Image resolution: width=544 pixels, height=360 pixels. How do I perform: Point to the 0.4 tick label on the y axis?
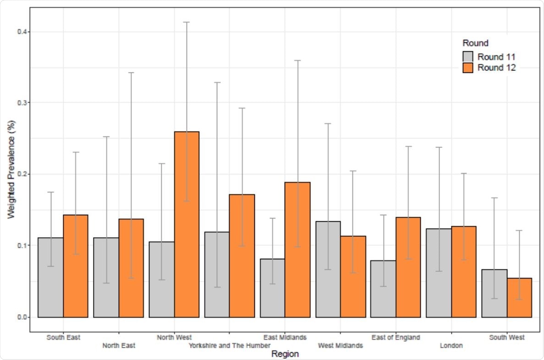tap(21, 32)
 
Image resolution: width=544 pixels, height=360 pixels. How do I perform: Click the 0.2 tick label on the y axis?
tap(21, 174)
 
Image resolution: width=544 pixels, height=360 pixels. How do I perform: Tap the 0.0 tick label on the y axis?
tap(21, 317)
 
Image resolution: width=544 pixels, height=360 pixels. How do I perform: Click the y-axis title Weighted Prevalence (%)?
tap(10, 174)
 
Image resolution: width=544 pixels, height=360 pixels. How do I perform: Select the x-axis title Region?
tap(285, 354)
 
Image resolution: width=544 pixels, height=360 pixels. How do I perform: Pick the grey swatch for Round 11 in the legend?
tap(467, 57)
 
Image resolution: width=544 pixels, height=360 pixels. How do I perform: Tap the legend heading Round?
tap(475, 44)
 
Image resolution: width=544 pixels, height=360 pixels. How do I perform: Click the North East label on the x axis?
tap(119, 345)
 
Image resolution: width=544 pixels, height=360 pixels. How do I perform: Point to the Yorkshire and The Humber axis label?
tap(229, 345)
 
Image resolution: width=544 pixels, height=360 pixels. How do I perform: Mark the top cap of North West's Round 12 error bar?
tap(187, 22)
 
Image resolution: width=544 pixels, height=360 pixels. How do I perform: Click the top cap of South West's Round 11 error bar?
tap(494, 198)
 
